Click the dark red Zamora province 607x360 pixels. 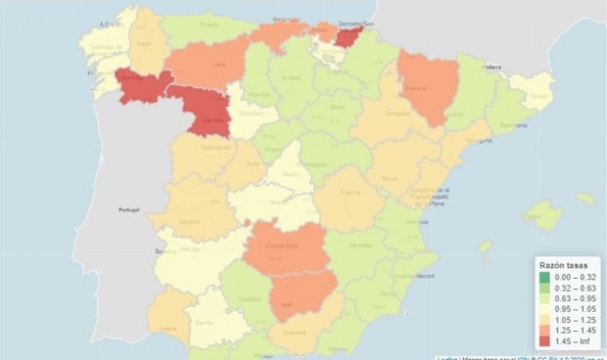[x=207, y=112]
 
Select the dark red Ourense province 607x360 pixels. [x=137, y=86]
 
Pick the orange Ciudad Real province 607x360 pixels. [x=287, y=247]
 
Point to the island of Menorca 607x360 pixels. [x=584, y=199]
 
